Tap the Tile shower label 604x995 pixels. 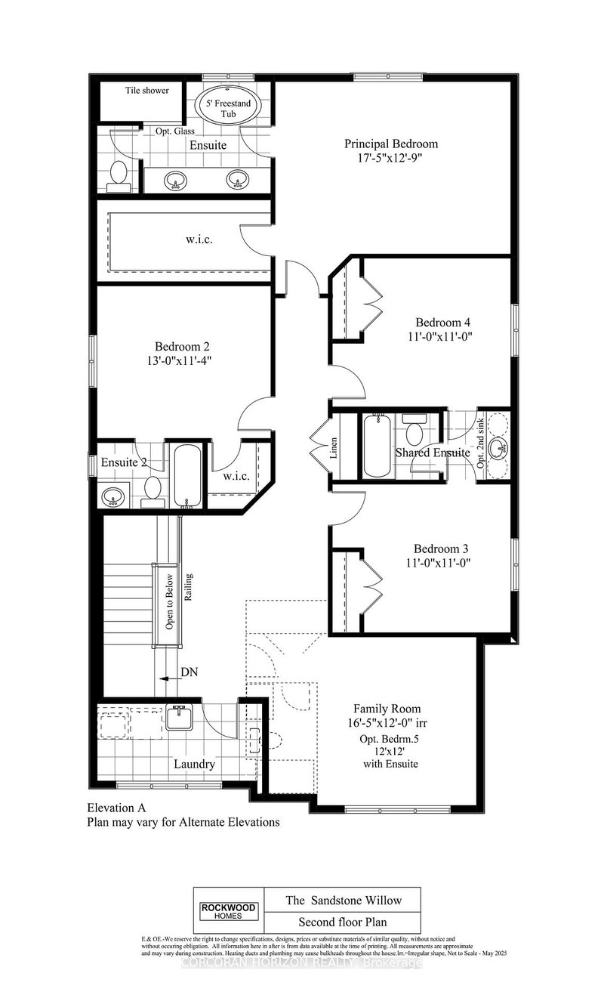point(146,91)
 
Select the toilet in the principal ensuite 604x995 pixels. point(118,174)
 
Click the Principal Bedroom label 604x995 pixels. point(390,144)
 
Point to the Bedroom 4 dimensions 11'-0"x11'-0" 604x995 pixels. point(432,336)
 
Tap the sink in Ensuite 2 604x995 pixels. point(113,496)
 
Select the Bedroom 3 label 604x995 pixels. point(442,548)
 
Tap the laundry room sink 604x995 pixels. point(180,717)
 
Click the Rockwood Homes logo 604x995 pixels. point(228,911)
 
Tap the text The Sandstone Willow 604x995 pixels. point(344,900)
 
